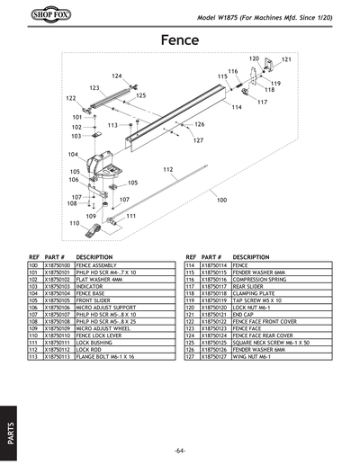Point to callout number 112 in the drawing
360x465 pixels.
click(168, 169)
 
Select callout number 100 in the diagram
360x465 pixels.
click(222, 200)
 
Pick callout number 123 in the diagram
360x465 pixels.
click(94, 88)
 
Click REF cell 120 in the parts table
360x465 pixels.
click(189, 307)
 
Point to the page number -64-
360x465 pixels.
click(181, 449)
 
